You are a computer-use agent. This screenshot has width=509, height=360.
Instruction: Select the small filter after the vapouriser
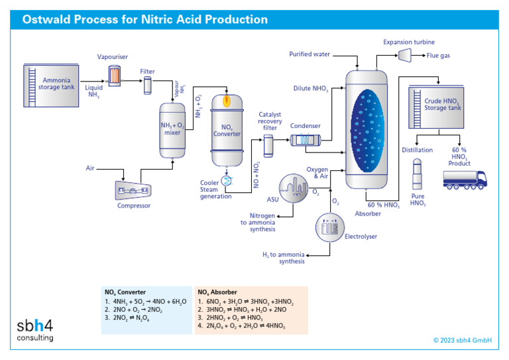coord(147,85)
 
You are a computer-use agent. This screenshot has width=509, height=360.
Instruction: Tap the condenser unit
coord(306,140)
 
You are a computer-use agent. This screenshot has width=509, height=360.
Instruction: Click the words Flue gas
coord(438,57)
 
